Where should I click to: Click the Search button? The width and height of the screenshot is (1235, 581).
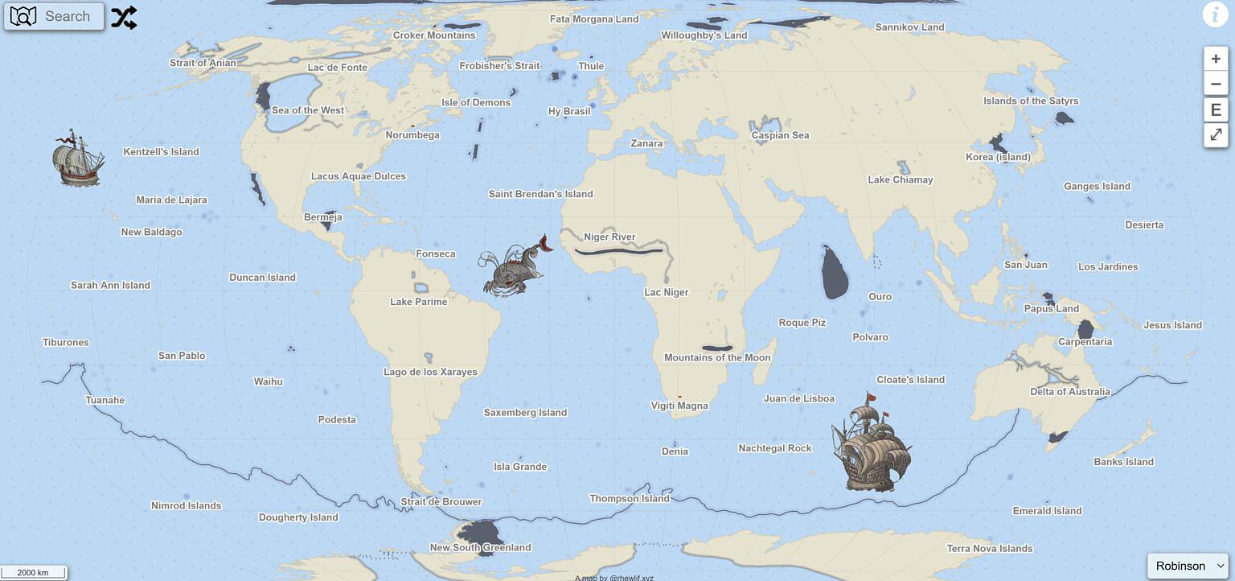coord(54,16)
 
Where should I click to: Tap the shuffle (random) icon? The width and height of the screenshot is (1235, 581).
coord(124,17)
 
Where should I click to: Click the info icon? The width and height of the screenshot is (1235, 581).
coord(1214,14)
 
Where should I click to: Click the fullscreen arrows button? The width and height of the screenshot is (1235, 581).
coord(1216,134)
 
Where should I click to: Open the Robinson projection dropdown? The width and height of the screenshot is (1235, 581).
coord(1188,566)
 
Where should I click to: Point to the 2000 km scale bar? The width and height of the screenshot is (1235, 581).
coord(33,573)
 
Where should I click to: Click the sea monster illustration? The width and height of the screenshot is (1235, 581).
coord(513,267)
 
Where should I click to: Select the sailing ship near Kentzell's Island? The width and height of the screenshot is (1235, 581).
coord(77,159)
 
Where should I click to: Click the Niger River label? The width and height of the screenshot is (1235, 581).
coord(609,237)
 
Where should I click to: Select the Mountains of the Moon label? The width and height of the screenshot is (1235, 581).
coord(717,358)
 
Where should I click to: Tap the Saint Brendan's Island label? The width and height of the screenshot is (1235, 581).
coord(540,194)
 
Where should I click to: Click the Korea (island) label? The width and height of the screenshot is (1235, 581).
coord(998,158)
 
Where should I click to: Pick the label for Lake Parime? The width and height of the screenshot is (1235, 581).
coord(418,302)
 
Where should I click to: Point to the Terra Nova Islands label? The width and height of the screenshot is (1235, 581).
coord(989,549)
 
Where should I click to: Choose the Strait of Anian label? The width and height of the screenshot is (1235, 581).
coord(203,63)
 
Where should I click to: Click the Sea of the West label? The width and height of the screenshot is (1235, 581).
coord(308,111)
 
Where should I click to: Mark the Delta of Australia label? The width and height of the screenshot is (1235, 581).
coord(1069,392)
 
